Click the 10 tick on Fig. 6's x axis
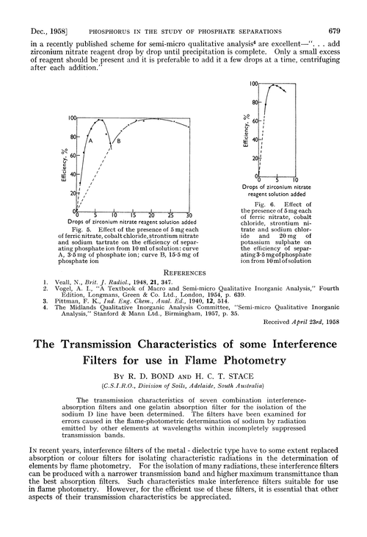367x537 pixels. click(295, 180)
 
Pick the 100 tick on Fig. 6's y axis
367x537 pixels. click(252, 85)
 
